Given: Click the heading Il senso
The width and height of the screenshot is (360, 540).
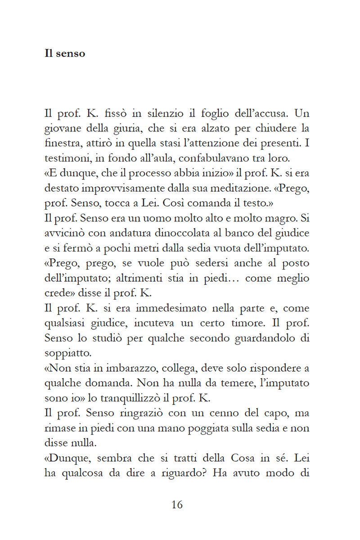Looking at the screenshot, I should pyautogui.click(x=65, y=54).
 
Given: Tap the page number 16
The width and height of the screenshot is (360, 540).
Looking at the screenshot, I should pyautogui.click(x=177, y=505).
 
